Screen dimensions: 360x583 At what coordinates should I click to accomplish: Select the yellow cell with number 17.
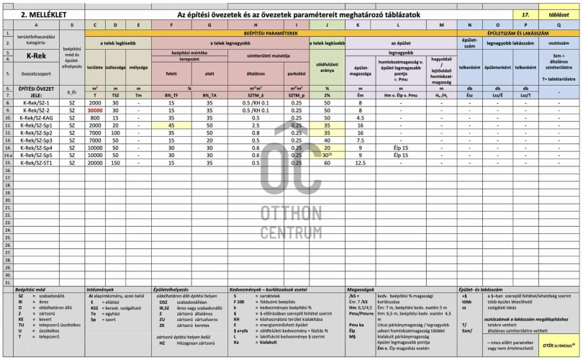point(525,14)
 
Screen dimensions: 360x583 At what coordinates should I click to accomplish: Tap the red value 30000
point(95,110)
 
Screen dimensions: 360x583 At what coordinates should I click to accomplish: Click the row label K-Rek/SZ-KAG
point(37,117)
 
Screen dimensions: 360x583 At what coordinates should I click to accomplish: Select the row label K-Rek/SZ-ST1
point(37,163)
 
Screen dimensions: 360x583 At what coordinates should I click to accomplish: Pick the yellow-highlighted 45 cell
point(171,125)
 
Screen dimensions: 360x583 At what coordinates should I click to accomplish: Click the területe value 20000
point(95,163)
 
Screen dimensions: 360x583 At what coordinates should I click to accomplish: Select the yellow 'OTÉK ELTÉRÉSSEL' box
point(557,344)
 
